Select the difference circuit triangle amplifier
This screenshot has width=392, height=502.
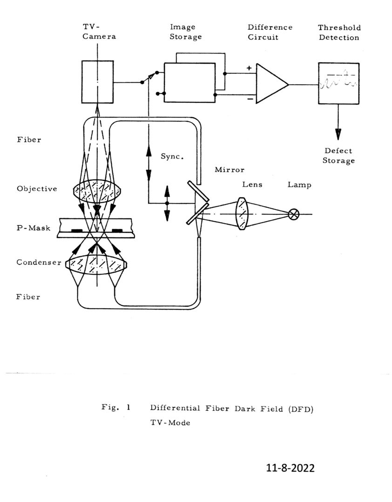(272, 84)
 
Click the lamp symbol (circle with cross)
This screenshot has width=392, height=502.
(293, 214)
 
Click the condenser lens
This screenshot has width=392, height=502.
(96, 264)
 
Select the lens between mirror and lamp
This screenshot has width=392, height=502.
(242, 213)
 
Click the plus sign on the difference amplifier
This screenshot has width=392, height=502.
(249, 68)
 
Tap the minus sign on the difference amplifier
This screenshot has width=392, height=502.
(250, 99)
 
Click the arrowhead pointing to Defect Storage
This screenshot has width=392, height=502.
(338, 134)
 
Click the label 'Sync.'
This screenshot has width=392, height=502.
(172, 157)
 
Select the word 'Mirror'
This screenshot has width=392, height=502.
(230, 170)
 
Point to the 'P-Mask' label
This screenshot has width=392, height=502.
(34, 228)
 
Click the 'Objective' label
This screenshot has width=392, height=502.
(37, 189)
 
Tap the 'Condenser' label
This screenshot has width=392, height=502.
(39, 262)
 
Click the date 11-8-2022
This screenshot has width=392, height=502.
(291, 468)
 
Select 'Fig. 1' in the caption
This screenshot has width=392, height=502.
(116, 407)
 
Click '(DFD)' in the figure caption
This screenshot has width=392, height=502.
(300, 409)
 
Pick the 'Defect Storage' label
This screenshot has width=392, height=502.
(339, 156)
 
